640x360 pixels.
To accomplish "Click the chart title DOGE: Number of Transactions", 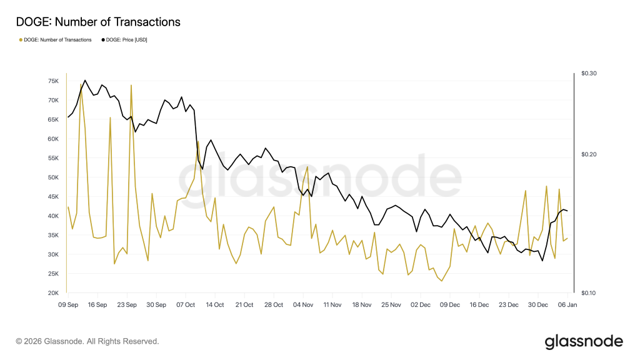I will (98, 22).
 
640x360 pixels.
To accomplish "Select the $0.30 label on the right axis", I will (589, 74).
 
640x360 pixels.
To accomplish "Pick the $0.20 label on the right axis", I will (589, 154).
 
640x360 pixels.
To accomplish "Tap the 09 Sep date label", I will (67, 305).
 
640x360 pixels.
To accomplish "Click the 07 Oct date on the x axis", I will (186, 305).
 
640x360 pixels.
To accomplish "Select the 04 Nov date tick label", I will (303, 305).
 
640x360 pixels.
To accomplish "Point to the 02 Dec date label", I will (421, 305).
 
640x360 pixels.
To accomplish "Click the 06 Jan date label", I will (567, 305).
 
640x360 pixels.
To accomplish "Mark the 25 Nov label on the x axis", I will (391, 305).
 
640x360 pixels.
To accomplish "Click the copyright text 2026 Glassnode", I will (87, 341).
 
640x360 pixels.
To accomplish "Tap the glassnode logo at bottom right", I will (584, 342).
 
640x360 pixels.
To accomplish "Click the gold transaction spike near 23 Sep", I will (131, 86).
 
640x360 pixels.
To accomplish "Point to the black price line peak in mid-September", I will (85, 81).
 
